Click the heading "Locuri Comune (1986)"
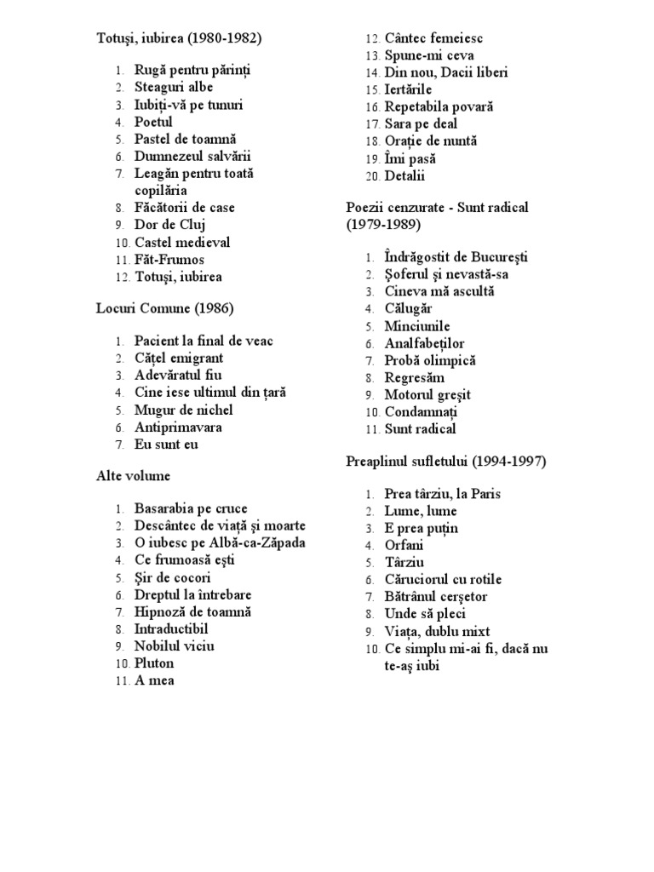point(164,308)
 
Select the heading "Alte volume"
point(133,476)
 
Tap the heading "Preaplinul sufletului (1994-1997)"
point(445,462)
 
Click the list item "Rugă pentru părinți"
point(192,70)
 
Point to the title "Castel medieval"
point(182,243)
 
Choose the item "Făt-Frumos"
point(169,260)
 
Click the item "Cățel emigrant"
point(179,359)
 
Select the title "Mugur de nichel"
point(183,410)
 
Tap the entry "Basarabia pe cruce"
point(191,509)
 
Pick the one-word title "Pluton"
point(154,663)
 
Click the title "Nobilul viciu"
point(174,646)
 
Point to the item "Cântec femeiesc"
point(434,38)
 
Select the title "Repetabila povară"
point(439,107)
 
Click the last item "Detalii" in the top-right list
point(404,176)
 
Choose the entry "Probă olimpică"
point(430,360)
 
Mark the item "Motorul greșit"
point(427,395)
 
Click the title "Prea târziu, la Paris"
point(443,494)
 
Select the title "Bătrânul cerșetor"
point(436,597)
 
